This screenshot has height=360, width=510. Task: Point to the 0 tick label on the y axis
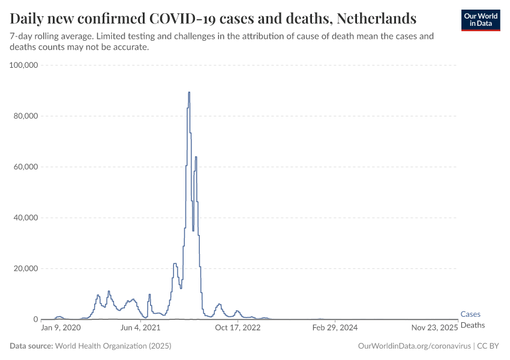click(35, 319)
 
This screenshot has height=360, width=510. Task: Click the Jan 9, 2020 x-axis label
click(60, 328)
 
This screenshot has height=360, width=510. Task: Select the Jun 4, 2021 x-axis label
click(140, 328)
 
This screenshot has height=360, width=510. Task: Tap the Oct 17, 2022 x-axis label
click(238, 328)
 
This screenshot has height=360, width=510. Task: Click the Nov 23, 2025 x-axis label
click(435, 328)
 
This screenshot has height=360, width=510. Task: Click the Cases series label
click(470, 314)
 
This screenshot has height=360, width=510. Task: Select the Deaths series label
click(472, 325)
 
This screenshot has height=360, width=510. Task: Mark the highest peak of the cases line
click(189, 92)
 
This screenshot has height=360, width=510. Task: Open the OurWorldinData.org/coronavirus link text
click(413, 346)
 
